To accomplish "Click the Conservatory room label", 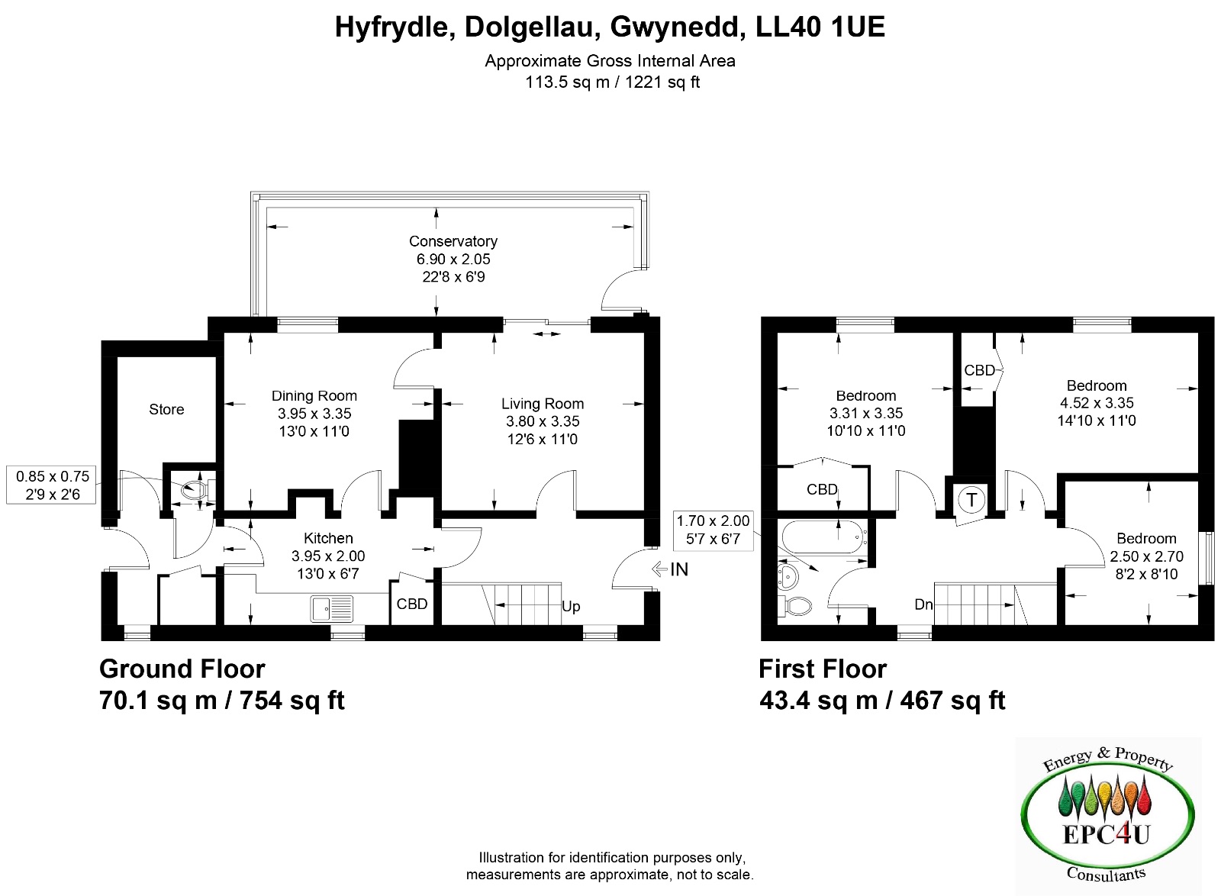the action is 453,241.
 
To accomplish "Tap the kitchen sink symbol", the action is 331,609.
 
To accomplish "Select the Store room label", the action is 166,409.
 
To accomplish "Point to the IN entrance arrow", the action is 659,569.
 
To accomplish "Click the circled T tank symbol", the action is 971,500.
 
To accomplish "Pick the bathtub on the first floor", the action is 824,538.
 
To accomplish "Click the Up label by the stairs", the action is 571,606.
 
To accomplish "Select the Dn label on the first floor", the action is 924,604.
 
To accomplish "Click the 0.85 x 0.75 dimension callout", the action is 51,485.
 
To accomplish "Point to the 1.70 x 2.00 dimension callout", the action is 713,529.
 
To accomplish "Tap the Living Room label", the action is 543,404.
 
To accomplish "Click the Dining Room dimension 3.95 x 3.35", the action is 314,413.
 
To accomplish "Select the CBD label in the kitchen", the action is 412,604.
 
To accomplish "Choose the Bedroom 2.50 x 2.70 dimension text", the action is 1146,556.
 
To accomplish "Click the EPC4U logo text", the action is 1106,834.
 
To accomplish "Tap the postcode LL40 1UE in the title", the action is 820,26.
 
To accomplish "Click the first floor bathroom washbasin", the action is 788,576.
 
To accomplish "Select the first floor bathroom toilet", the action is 794,605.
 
